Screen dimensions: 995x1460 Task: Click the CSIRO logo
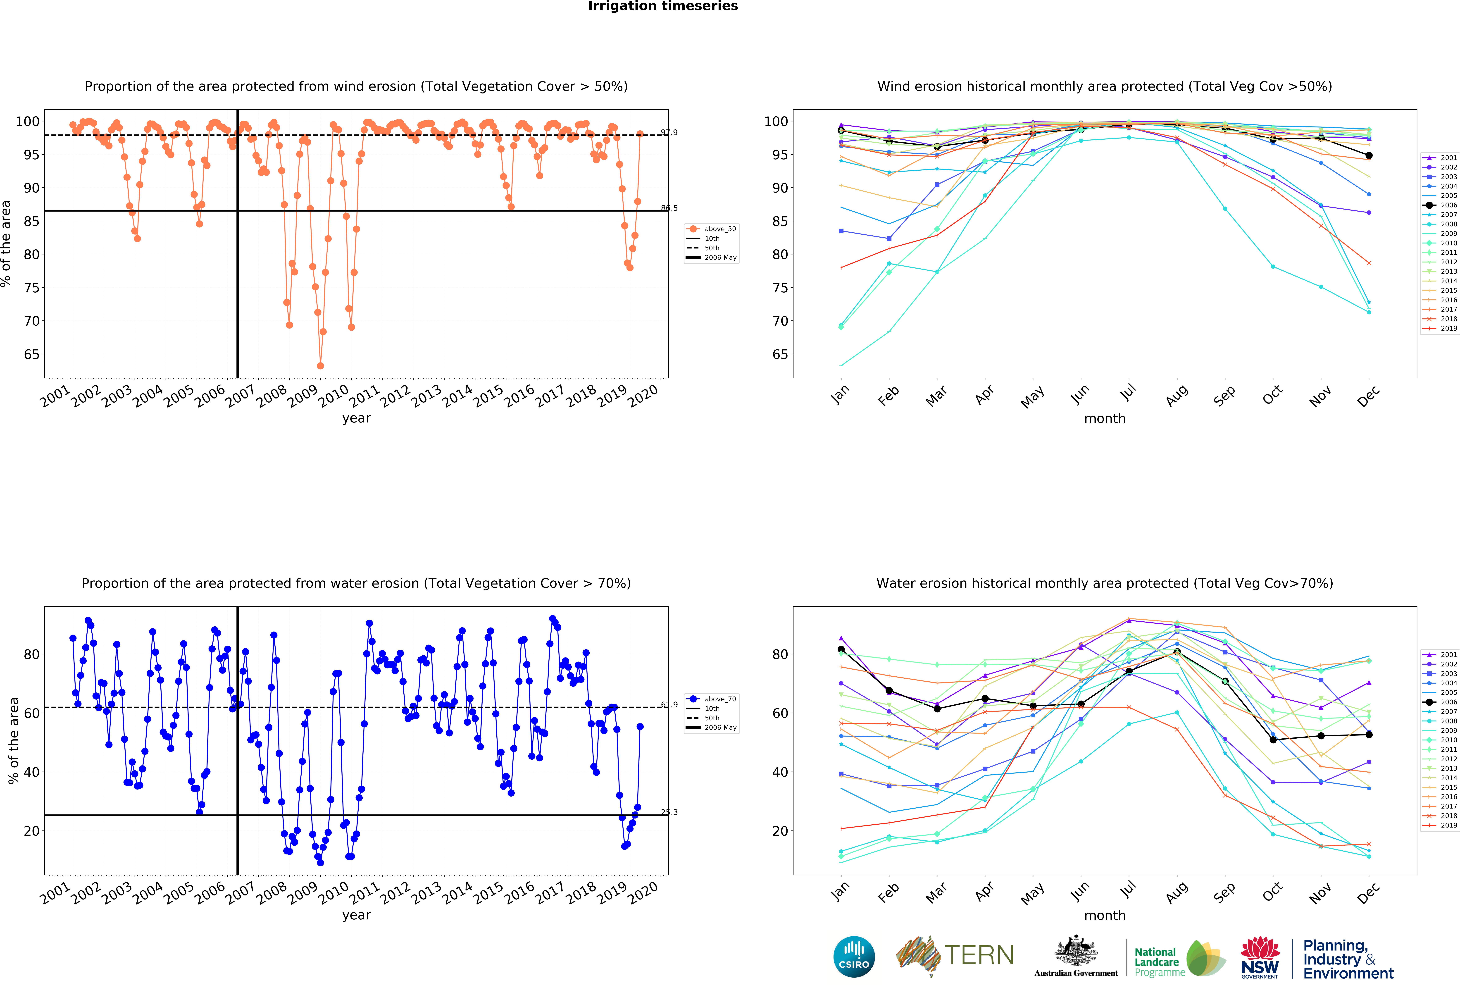tap(854, 957)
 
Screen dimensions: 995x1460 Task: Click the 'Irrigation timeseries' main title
tap(663, 6)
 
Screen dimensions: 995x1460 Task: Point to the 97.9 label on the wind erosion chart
tap(669, 133)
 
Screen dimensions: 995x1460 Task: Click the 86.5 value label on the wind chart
tap(669, 208)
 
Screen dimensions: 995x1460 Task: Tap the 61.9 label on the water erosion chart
tap(669, 705)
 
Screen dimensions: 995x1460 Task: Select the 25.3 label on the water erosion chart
tap(669, 812)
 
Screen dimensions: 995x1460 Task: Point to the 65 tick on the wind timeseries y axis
tap(31, 354)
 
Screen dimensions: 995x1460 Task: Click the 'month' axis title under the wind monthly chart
tap(1104, 418)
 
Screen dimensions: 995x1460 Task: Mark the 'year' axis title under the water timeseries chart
tap(356, 915)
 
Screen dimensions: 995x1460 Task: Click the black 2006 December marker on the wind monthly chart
tap(1369, 155)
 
